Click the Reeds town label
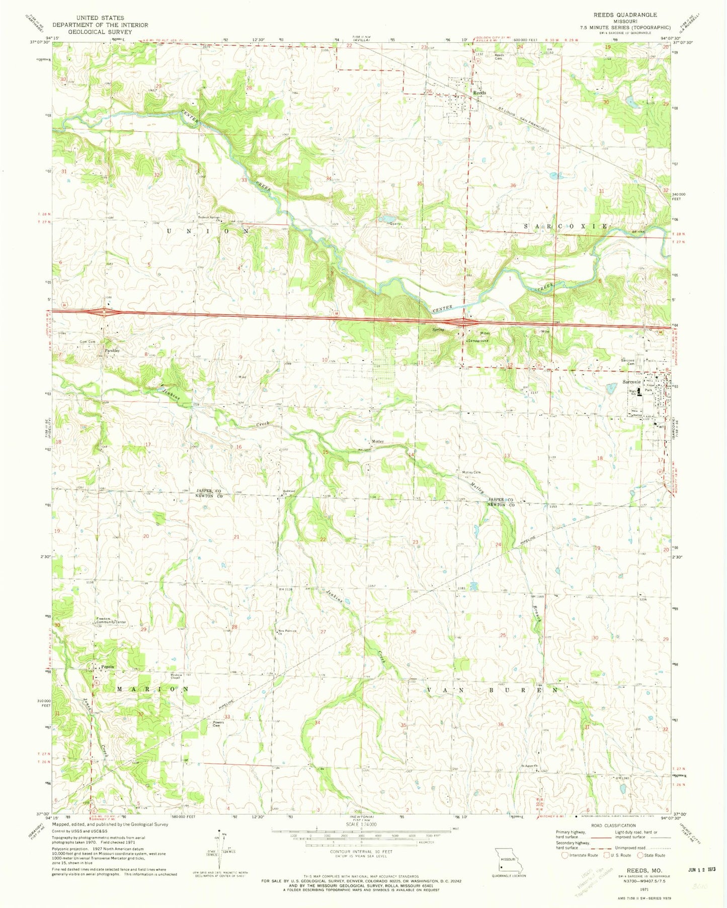tap(479, 93)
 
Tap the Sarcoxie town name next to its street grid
tap(631, 382)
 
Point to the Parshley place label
tap(112, 350)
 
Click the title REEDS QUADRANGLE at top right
tap(625, 15)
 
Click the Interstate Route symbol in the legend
tap(565, 855)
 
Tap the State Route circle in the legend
tap(640, 855)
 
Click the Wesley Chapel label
tap(175, 676)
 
